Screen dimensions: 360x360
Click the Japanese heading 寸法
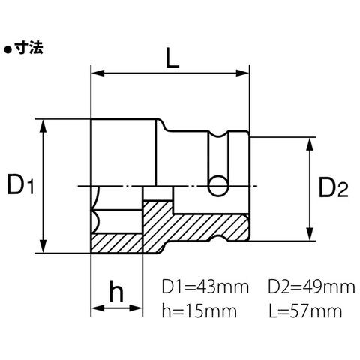[x=28, y=47]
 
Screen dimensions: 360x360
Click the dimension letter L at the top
[x=172, y=58]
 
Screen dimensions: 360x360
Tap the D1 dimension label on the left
[x=20, y=185]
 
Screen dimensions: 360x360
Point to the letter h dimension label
[x=116, y=291]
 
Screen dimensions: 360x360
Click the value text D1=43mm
[x=205, y=287]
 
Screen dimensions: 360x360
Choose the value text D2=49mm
[x=311, y=287]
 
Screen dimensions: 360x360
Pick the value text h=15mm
[x=199, y=310]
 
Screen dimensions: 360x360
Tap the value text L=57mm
[x=305, y=310]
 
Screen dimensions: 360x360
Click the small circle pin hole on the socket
[x=218, y=186]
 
